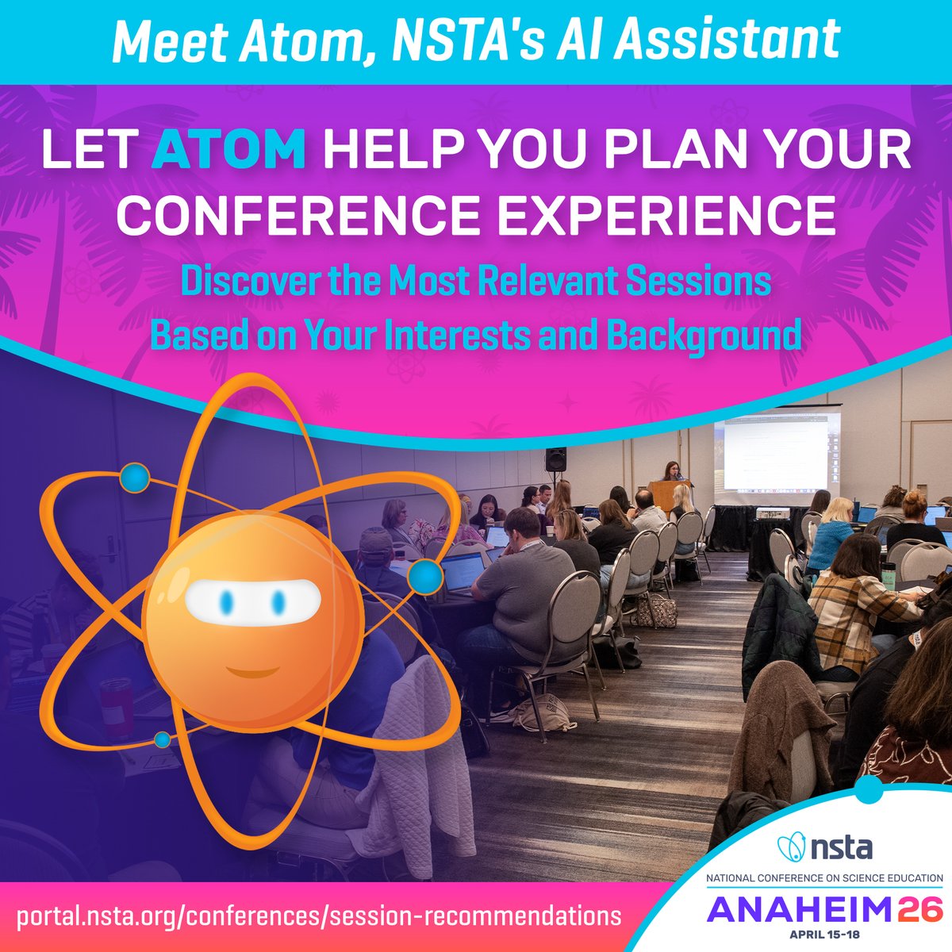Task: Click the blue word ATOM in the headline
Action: (x=229, y=150)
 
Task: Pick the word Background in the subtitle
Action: (x=704, y=336)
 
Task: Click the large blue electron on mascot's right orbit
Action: (x=426, y=577)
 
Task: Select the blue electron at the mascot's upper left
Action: (x=134, y=478)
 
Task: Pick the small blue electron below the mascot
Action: (x=162, y=740)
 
